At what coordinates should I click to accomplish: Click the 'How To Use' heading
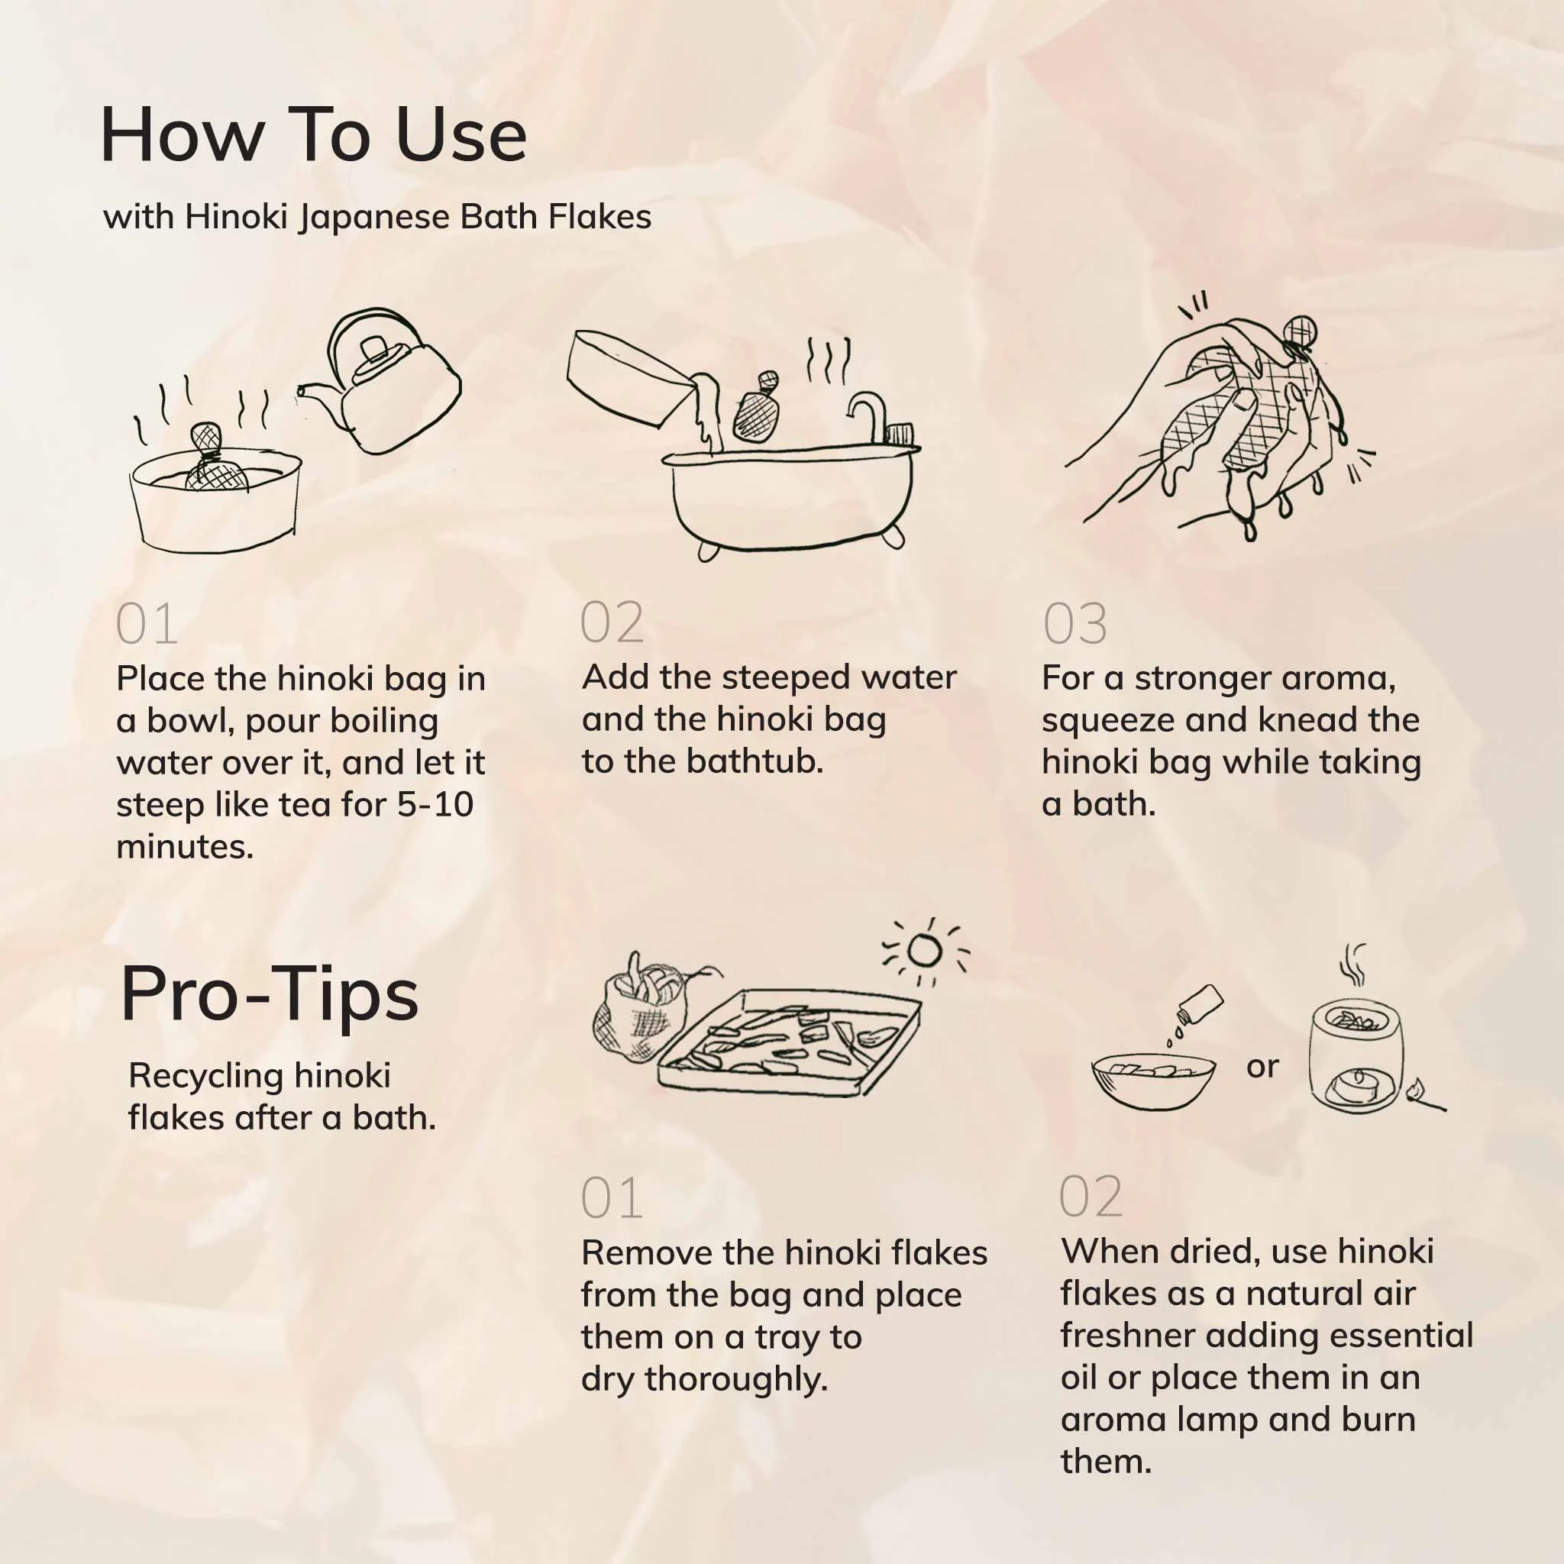pos(313,134)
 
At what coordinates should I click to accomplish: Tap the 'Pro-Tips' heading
pos(270,994)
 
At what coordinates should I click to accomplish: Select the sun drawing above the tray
pos(926,952)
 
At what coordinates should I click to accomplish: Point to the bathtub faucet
pos(871,416)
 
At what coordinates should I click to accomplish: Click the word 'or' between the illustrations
pos(1262,1067)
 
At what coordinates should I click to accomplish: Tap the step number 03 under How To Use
pos(1075,623)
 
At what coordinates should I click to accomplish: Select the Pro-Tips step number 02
pos(1091,1197)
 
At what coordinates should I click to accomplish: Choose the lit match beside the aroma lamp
pos(1426,1096)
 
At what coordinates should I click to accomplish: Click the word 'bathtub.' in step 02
pos(755,761)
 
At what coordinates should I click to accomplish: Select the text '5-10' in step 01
pos(435,805)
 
